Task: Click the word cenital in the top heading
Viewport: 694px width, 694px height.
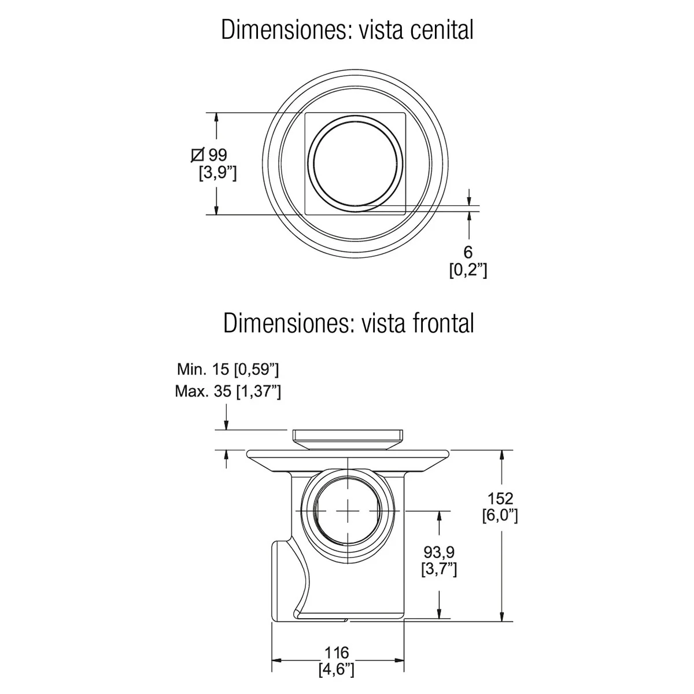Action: pyautogui.click(x=441, y=29)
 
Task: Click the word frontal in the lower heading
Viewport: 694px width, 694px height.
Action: pyautogui.click(x=443, y=323)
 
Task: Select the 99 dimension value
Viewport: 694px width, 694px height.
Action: pyautogui.click(x=217, y=155)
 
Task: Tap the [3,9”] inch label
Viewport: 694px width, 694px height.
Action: pyautogui.click(x=218, y=173)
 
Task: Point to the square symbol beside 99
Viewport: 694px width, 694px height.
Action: pyautogui.click(x=198, y=155)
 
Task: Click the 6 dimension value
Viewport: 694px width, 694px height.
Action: pyautogui.click(x=468, y=252)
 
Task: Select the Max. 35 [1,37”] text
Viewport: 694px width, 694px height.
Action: pyautogui.click(x=228, y=391)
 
